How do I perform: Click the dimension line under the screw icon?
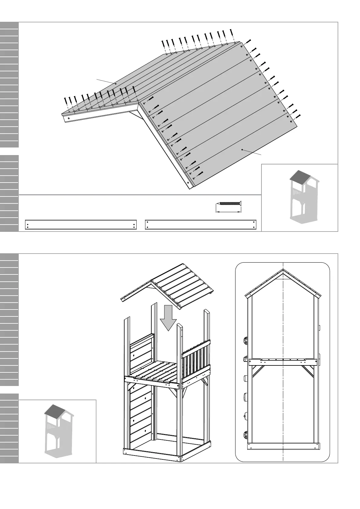click(229, 212)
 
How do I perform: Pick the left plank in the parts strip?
click(81, 225)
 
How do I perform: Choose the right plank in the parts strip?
click(201, 225)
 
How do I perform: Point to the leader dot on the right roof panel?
click(242, 149)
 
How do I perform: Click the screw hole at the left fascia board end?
click(69, 118)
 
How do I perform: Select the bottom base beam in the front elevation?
click(283, 446)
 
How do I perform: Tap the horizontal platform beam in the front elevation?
click(283, 362)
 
